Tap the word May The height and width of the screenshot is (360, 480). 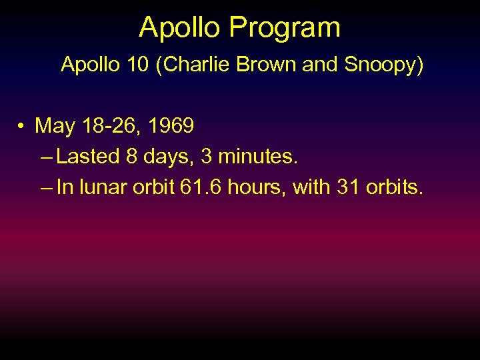pyautogui.click(x=55, y=125)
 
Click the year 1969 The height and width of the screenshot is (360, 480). pyautogui.click(x=171, y=125)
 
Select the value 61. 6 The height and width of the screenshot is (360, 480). pyautogui.click(x=201, y=188)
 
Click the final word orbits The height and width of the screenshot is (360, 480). pyautogui.click(x=395, y=188)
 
